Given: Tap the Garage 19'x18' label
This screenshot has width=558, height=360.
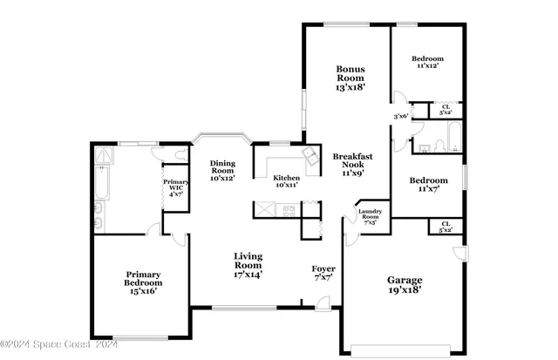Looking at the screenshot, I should (405, 285).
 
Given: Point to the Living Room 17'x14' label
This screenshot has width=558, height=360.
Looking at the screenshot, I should (248, 265).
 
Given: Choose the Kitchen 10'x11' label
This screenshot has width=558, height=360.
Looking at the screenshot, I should (286, 180).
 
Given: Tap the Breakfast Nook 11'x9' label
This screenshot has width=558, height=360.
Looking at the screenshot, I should (353, 164).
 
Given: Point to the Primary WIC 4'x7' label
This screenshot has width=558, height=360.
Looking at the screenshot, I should (174, 187).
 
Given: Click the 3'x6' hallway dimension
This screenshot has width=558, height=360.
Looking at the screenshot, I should (400, 116).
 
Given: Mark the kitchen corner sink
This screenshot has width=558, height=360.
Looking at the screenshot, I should (310, 154).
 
